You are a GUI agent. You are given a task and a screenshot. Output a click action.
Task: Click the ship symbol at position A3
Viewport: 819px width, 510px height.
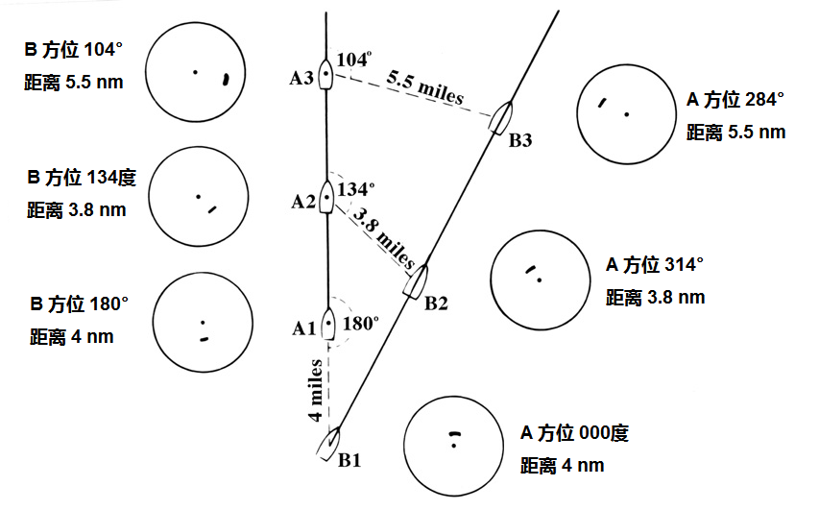(x=325, y=74)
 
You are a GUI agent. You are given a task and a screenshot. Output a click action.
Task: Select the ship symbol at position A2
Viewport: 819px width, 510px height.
(x=326, y=197)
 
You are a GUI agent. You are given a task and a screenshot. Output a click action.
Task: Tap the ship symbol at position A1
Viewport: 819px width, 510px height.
(x=328, y=324)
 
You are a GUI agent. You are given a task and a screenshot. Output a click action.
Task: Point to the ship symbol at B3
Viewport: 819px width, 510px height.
(x=501, y=117)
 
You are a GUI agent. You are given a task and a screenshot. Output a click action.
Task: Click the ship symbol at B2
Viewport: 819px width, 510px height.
(x=416, y=282)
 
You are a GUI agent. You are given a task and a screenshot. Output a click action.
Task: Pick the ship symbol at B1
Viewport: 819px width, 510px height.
(x=329, y=444)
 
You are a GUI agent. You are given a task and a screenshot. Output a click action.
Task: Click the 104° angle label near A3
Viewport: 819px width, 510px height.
(x=354, y=59)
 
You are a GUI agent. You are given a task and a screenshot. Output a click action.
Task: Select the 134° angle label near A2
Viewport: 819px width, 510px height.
(x=356, y=188)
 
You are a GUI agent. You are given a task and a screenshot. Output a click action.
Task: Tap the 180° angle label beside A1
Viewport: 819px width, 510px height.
(x=361, y=324)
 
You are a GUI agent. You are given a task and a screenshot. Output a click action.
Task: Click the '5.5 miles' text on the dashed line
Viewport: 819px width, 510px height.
(x=425, y=87)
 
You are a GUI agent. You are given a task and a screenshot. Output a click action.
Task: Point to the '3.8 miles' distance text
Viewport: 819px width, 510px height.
(x=384, y=238)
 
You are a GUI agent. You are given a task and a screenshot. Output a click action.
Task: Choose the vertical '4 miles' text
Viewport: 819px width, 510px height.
(x=315, y=390)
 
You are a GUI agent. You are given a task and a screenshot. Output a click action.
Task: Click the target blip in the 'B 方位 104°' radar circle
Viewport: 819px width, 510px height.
(x=226, y=79)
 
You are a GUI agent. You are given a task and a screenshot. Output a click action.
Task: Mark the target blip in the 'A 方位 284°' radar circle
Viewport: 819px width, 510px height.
(x=602, y=103)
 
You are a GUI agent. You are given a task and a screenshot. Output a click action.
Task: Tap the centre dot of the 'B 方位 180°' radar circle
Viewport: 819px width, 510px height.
(x=203, y=323)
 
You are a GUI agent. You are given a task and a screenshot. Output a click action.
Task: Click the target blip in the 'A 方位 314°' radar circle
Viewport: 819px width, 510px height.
(x=530, y=270)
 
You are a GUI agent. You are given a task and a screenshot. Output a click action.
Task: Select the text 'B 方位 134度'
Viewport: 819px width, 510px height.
(x=82, y=178)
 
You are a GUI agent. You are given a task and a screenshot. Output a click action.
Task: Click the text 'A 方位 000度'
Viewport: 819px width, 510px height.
(x=574, y=432)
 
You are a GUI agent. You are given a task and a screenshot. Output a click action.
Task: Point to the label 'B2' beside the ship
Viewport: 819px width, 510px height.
(x=436, y=304)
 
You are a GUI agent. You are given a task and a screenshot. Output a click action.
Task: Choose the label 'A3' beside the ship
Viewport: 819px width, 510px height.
(x=301, y=78)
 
